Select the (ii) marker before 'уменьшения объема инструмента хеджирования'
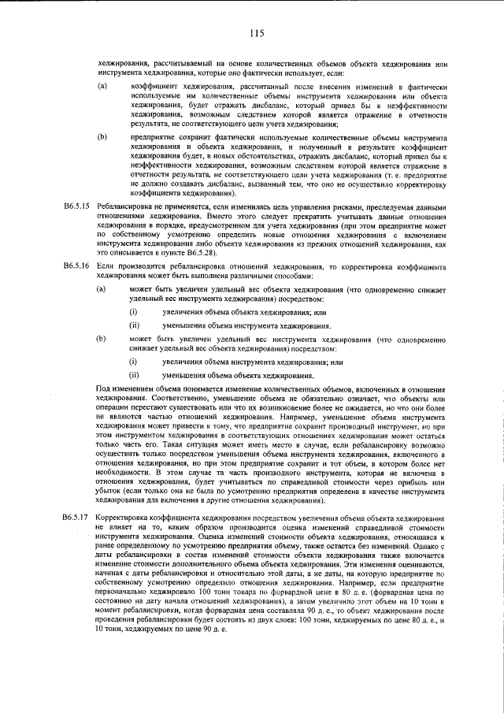(135, 325)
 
